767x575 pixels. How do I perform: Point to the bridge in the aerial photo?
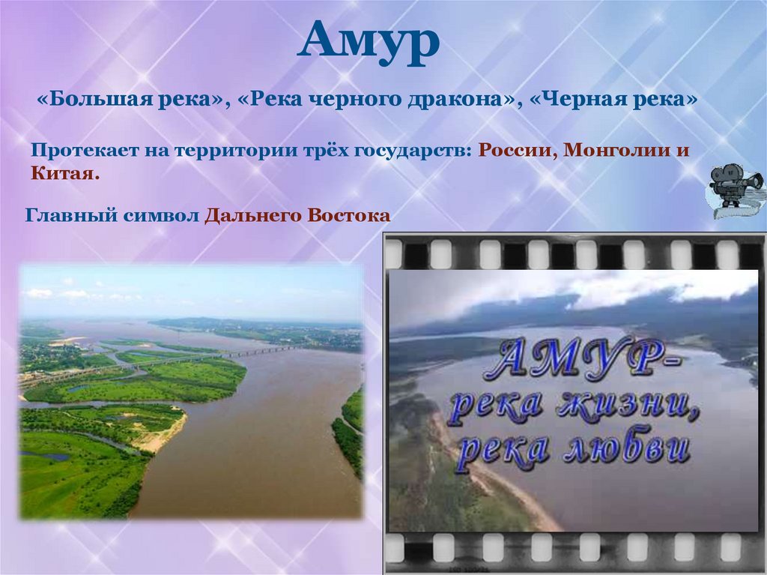click(247, 352)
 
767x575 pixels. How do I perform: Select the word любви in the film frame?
click(630, 448)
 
